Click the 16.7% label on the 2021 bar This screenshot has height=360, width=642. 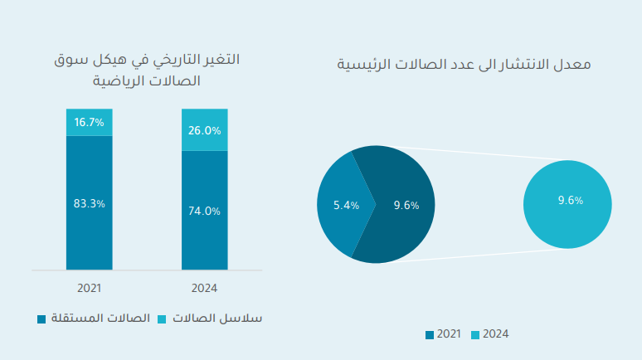[89, 122]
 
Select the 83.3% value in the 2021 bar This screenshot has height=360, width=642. [89, 203]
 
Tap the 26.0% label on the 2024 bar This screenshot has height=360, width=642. [204, 130]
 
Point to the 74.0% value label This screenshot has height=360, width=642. [204, 211]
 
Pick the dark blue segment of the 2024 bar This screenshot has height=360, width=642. [204, 241]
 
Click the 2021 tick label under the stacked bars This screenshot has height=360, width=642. [89, 289]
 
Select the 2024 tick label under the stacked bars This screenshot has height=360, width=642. [204, 289]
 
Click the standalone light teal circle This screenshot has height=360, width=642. [567, 224]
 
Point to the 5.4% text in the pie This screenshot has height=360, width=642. [345, 205]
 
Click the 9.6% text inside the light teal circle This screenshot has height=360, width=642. [571, 200]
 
